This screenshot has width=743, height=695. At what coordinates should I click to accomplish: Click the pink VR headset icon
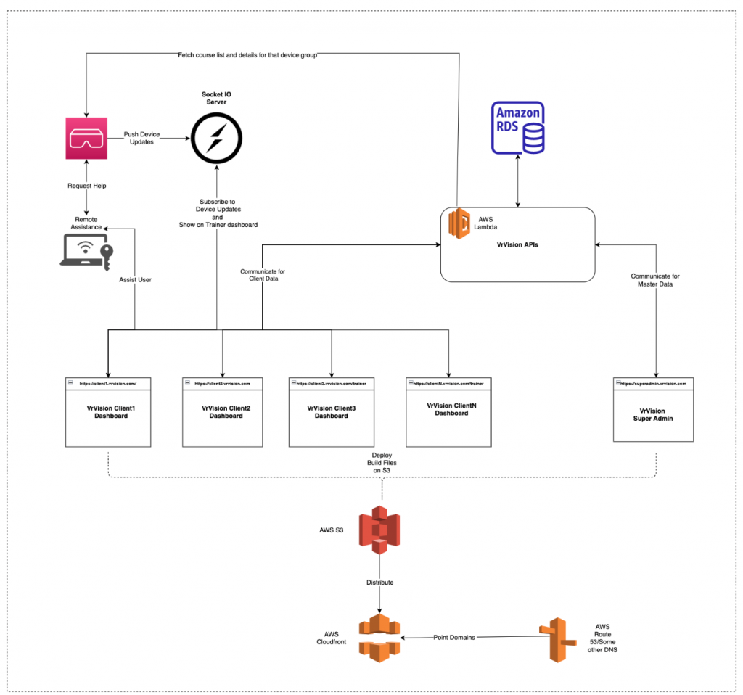[x=86, y=139]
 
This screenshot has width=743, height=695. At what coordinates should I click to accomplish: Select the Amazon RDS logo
[x=518, y=128]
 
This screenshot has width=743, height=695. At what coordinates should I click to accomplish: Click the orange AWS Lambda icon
[x=459, y=223]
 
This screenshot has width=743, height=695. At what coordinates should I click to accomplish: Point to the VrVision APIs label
[x=517, y=244]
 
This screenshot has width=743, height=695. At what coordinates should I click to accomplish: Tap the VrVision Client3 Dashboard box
[x=331, y=411]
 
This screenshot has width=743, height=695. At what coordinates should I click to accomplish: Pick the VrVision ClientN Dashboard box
[x=447, y=410]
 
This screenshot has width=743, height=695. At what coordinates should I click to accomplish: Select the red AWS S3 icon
[x=379, y=530]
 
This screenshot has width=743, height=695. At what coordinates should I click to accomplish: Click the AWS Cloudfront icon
[x=379, y=636]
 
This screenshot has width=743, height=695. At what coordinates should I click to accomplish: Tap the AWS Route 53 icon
[x=557, y=639]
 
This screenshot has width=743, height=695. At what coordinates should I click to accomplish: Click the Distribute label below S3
[x=379, y=582]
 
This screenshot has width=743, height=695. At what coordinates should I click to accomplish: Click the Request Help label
[x=87, y=186]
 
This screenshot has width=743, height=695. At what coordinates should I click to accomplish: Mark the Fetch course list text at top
[x=247, y=54]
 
